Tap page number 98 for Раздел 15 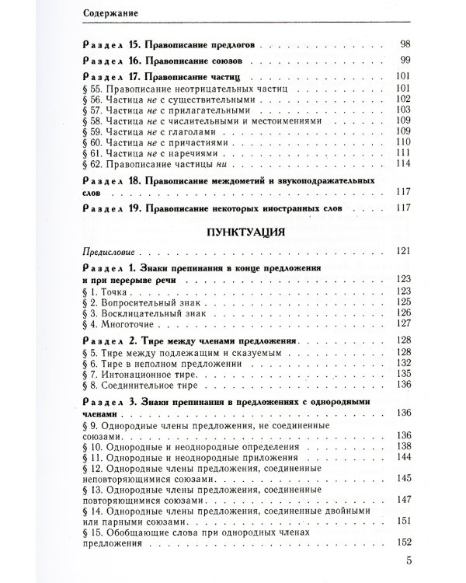tap(404, 43)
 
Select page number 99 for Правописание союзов tap(404, 59)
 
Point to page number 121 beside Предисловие tap(401, 252)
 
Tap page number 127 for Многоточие tap(401, 324)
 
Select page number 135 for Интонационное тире tap(401, 374)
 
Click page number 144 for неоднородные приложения tap(401, 458)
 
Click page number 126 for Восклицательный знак tap(401, 312)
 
